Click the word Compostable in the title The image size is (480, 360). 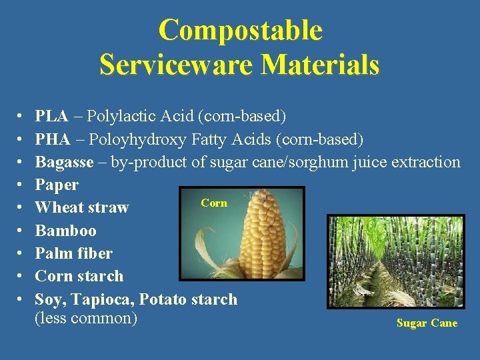tap(240, 31)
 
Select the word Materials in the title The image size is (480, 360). tap(320, 65)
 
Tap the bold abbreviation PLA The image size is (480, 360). tap(51, 117)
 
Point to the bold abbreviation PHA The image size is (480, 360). tap(52, 139)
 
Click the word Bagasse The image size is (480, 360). tap(64, 162)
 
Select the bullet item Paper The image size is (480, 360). tap(57, 185)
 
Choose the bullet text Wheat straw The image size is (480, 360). tap(81, 207)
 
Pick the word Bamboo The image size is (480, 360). tap(65, 231)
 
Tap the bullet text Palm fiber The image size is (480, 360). tap(73, 253)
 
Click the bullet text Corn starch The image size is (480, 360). tap(79, 276)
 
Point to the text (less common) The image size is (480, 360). tap(85, 318)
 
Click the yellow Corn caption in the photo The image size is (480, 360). tap(214, 203)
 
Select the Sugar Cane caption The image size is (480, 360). tap(427, 323)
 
